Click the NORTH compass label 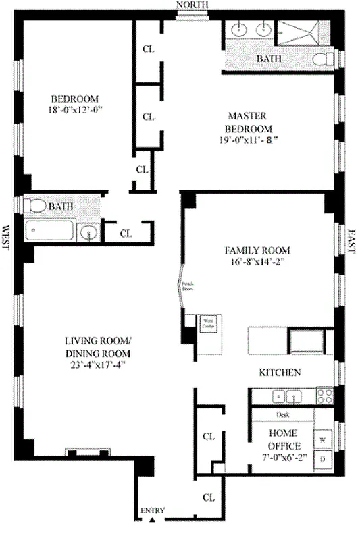point(192,5)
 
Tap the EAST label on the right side point(351,240)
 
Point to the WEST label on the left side point(6,237)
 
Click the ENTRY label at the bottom point(152,510)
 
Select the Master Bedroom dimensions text point(249,141)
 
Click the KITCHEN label point(280,373)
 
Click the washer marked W point(323,439)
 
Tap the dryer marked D point(323,459)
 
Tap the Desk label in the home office point(282,415)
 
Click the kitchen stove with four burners point(325,396)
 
